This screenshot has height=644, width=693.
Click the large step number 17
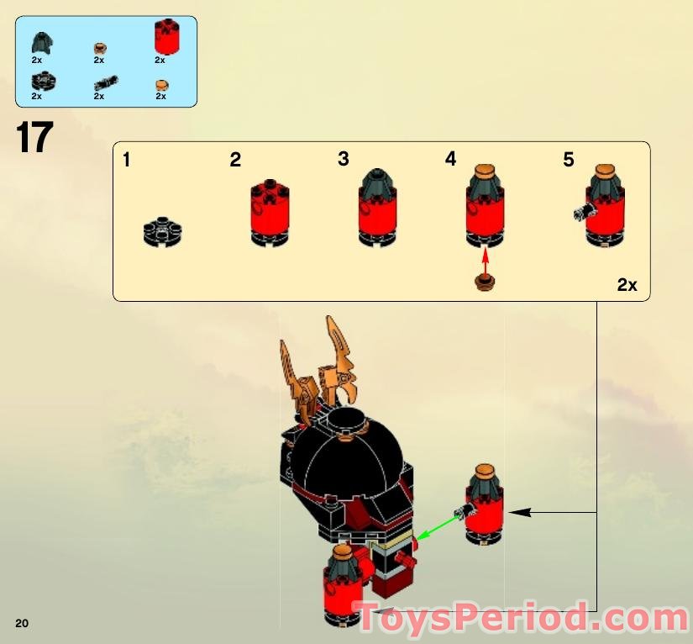pyautogui.click(x=34, y=139)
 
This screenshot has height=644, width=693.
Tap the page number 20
pyautogui.click(x=22, y=623)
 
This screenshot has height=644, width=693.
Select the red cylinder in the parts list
pyautogui.click(x=165, y=36)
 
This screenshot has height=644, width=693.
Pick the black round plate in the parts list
pyautogui.click(x=39, y=82)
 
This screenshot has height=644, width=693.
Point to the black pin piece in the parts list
pyautogui.click(x=105, y=82)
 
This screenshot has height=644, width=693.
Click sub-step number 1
pyautogui.click(x=126, y=159)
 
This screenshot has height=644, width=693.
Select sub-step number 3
pyautogui.click(x=343, y=159)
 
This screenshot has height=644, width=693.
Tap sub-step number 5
pyautogui.click(x=569, y=159)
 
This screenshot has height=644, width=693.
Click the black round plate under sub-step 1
pyautogui.click(x=163, y=231)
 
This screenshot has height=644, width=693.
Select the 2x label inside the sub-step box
pyautogui.click(x=627, y=285)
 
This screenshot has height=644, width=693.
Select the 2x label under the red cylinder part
pyautogui.click(x=160, y=61)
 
